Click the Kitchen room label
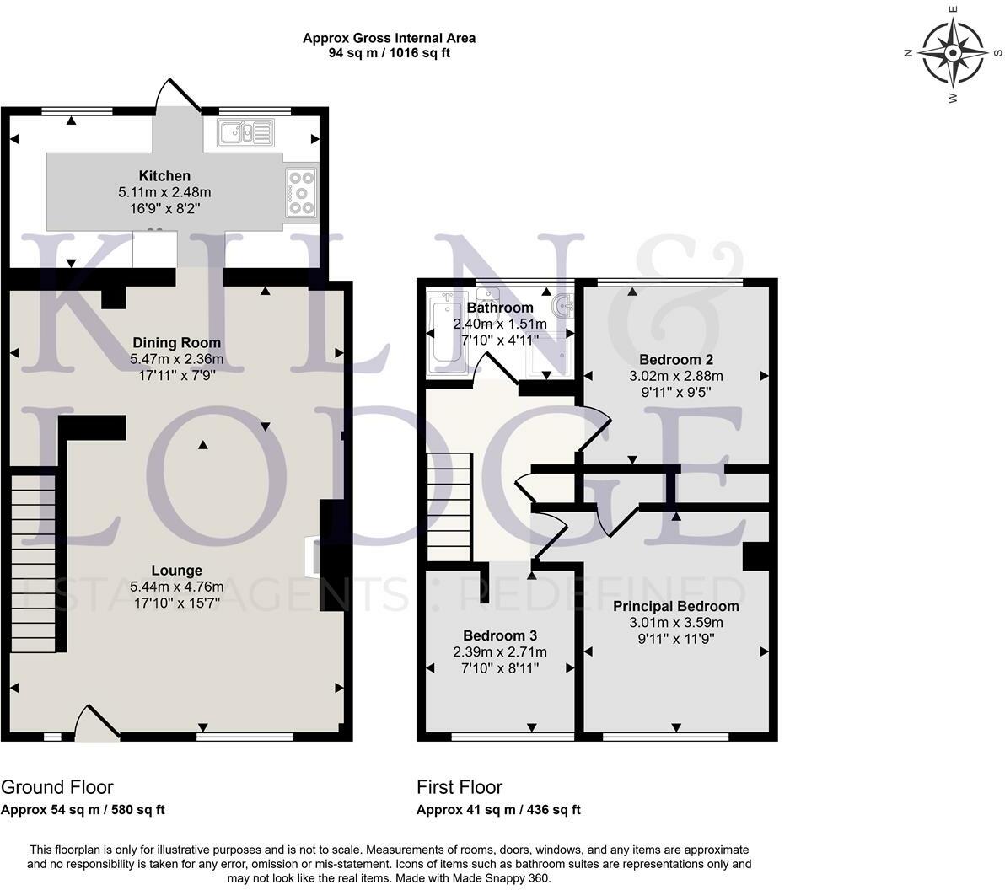164,175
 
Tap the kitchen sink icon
246,133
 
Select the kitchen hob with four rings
301,191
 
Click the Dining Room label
176,343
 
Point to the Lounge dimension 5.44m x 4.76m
177,587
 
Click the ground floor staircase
34,563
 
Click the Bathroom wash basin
562,305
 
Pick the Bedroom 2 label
676,360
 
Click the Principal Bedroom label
676,606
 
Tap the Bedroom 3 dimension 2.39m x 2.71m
500,652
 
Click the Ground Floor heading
57,787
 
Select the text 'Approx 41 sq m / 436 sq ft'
498,809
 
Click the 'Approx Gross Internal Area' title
389,38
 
